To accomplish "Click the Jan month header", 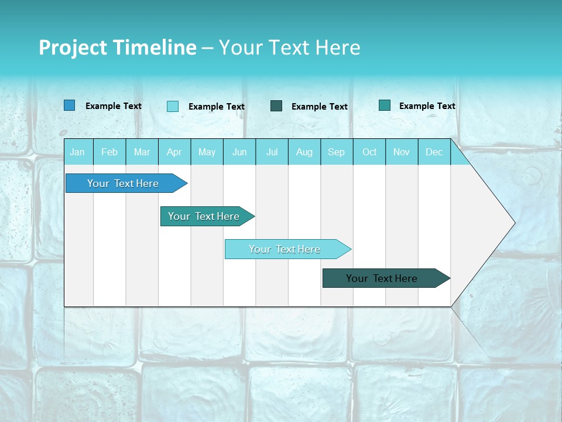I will click(x=77, y=152).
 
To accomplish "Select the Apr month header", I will click(x=174, y=152).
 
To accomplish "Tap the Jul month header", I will click(x=272, y=152).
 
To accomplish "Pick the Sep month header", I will click(x=336, y=152).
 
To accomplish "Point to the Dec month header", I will click(x=434, y=152).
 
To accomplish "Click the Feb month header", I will click(x=109, y=152).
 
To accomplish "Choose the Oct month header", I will click(x=369, y=152).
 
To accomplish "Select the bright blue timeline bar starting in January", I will click(x=123, y=183).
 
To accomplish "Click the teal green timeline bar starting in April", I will click(x=204, y=216).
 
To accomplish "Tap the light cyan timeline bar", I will click(x=285, y=249).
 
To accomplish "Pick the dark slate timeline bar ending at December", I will click(x=382, y=278).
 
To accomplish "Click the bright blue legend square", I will click(x=70, y=105).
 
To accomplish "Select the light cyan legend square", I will click(x=173, y=106).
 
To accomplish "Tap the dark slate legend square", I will click(x=276, y=105).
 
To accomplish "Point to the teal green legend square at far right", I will click(x=385, y=105).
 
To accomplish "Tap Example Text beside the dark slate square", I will click(x=319, y=106).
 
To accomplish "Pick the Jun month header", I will click(x=239, y=152).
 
